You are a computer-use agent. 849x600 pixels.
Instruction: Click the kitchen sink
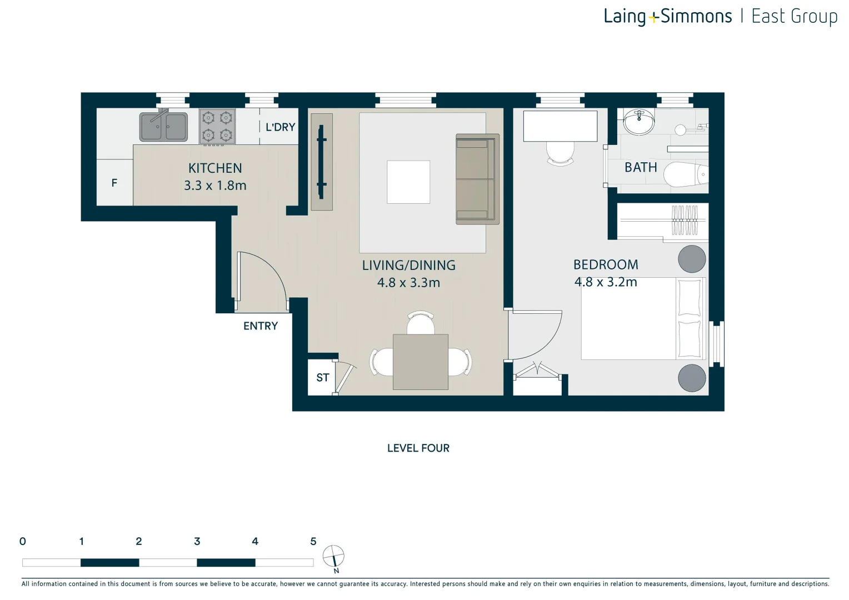[163, 127]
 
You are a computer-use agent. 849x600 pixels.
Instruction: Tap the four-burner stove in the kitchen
[217, 126]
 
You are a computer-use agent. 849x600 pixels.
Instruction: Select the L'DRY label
[280, 127]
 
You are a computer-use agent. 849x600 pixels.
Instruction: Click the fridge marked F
[114, 183]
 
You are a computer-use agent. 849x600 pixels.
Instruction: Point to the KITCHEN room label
[215, 168]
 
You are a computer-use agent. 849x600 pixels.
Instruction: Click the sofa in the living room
[477, 179]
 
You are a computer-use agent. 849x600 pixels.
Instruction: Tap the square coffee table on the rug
[408, 182]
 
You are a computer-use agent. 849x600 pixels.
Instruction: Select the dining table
[420, 362]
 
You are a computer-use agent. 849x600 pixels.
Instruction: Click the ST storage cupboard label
[322, 378]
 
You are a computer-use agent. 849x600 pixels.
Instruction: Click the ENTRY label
[260, 326]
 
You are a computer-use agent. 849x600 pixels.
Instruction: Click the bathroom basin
[638, 122]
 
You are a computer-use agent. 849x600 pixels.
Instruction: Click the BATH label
[640, 167]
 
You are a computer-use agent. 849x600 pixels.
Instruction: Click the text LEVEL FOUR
[418, 448]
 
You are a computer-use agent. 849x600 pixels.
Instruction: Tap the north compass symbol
[333, 556]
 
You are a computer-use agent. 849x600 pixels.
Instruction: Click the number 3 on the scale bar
[197, 541]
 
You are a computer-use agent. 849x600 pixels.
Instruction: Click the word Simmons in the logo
[696, 17]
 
